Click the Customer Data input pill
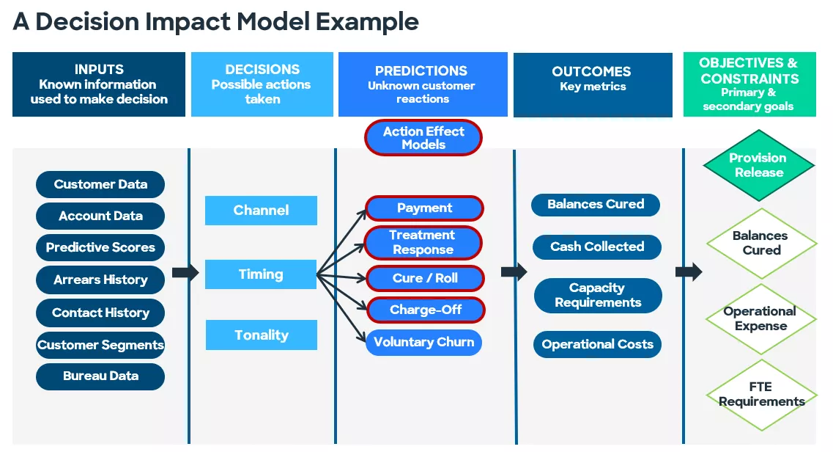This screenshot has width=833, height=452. click(100, 184)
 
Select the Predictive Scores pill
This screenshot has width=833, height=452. click(100, 247)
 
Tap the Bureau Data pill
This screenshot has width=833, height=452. click(100, 376)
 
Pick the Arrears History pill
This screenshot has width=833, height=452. click(100, 280)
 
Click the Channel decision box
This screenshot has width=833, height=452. click(261, 211)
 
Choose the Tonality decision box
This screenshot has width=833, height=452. click(261, 335)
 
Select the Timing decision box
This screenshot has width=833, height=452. click(261, 274)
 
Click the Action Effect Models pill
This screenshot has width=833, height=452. click(423, 138)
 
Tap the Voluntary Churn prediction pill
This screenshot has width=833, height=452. click(423, 342)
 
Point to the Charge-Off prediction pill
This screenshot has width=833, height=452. click(425, 310)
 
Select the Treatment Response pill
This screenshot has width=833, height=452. click(423, 242)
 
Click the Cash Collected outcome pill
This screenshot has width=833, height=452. click(597, 247)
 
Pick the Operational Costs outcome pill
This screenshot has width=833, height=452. click(597, 344)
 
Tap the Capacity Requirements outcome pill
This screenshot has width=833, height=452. click(597, 295)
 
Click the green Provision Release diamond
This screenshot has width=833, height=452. click(759, 165)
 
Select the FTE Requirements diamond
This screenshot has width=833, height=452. click(761, 394)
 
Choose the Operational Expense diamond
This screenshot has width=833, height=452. click(760, 318)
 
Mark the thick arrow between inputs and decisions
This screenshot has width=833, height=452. click(185, 273)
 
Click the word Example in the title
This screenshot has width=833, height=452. click(368, 21)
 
